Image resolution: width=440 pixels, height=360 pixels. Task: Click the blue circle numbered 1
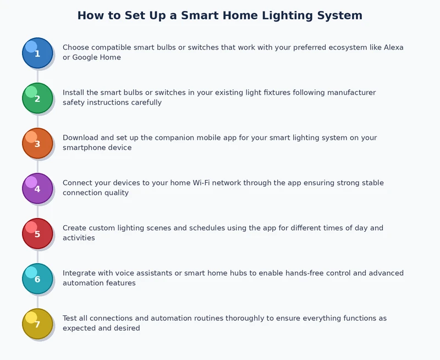click(37, 53)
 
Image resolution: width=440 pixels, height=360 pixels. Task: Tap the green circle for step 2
click(37, 98)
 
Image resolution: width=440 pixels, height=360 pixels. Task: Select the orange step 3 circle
click(37, 143)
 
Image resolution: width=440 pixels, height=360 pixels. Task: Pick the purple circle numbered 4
click(37, 188)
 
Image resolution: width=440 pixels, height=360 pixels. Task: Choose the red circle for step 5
click(37, 233)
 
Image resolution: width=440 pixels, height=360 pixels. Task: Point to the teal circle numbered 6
click(37, 279)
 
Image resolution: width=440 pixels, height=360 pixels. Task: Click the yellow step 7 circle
click(37, 324)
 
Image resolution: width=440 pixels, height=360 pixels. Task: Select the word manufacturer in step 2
click(351, 92)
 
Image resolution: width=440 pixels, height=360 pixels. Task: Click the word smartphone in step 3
click(85, 148)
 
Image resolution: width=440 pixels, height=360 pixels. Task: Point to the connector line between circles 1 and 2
click(37, 75)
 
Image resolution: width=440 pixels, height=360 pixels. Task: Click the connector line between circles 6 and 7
click(37, 301)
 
